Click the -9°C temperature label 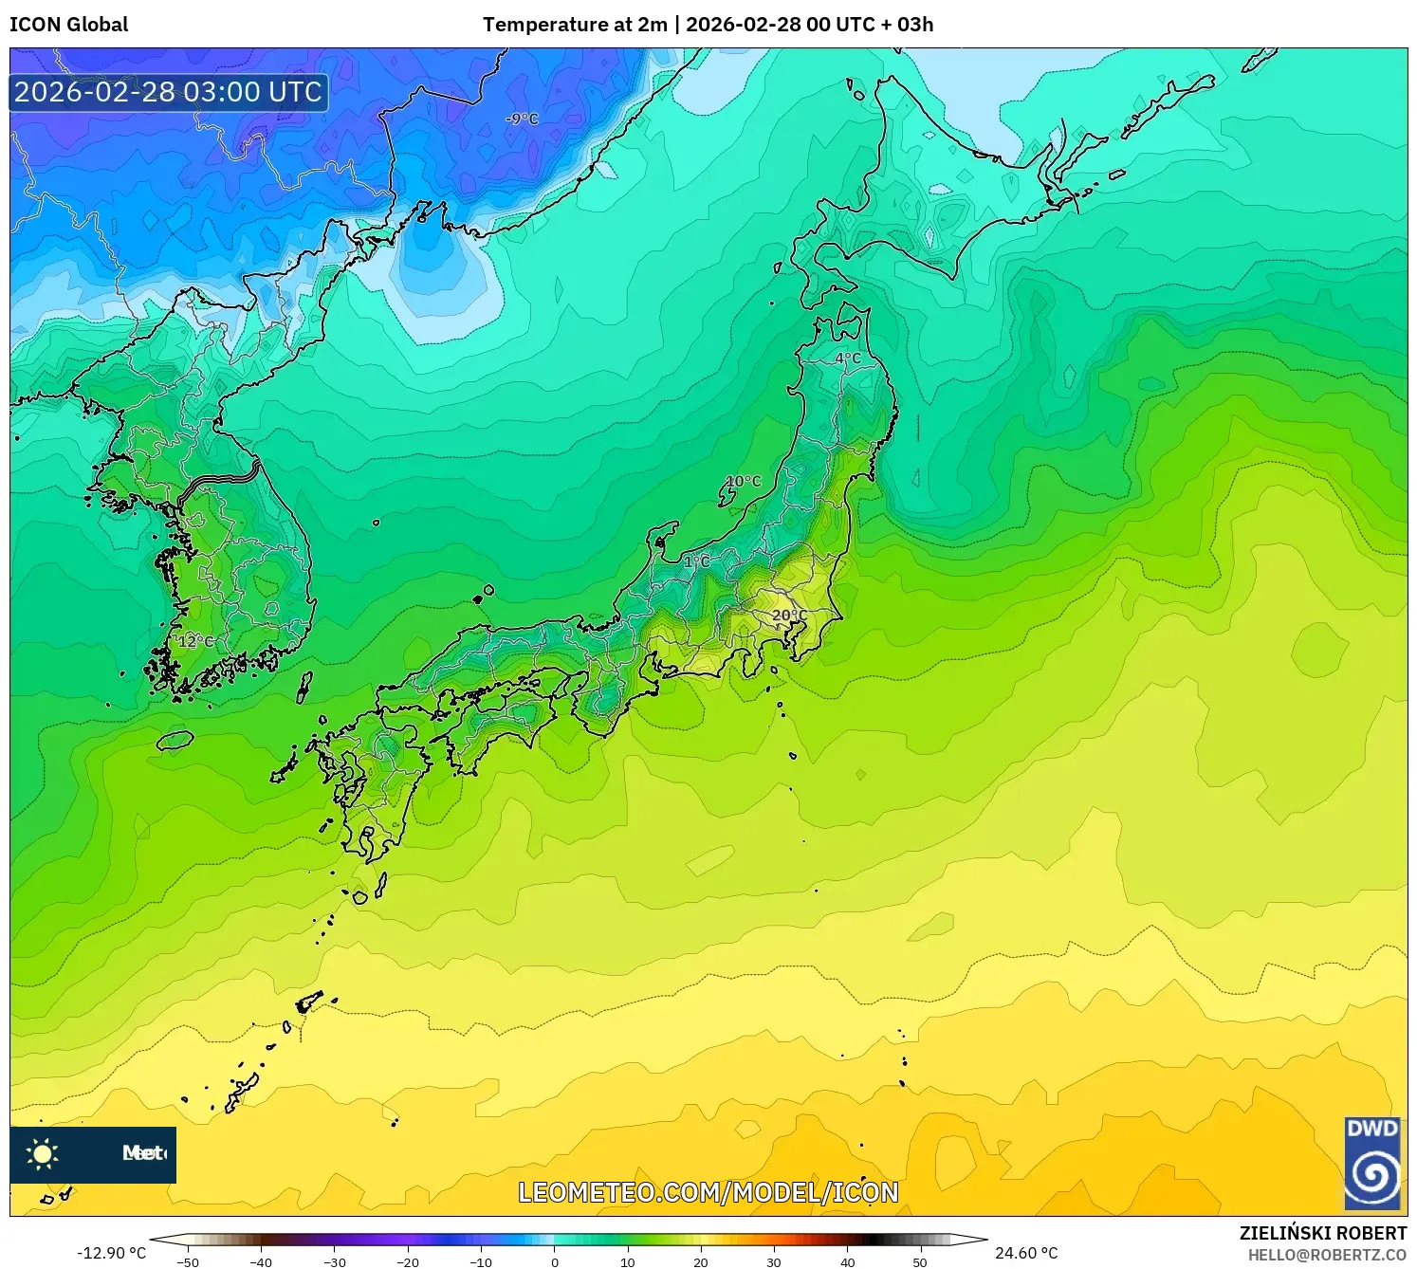pyautogui.click(x=522, y=119)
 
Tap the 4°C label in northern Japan pyautogui.click(x=848, y=359)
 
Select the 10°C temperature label pyautogui.click(x=744, y=481)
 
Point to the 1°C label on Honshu pyautogui.click(x=697, y=561)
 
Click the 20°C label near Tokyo pyautogui.click(x=789, y=616)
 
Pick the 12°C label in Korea pyautogui.click(x=196, y=641)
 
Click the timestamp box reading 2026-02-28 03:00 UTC pyautogui.click(x=169, y=92)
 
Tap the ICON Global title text pyautogui.click(x=69, y=25)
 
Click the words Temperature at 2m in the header pyautogui.click(x=575, y=25)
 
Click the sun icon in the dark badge pyautogui.click(x=43, y=1154)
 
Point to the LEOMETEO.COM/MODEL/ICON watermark pyautogui.click(x=708, y=1192)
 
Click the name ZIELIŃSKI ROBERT pyautogui.click(x=1322, y=1233)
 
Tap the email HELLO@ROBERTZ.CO pyautogui.click(x=1327, y=1255)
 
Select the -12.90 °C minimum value pyautogui.click(x=111, y=1253)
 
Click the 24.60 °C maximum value pyautogui.click(x=1026, y=1253)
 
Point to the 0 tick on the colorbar pyautogui.click(x=555, y=1262)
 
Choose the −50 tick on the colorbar pyautogui.click(x=188, y=1262)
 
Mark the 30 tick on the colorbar pyautogui.click(x=774, y=1262)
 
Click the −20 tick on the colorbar pyautogui.click(x=408, y=1262)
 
